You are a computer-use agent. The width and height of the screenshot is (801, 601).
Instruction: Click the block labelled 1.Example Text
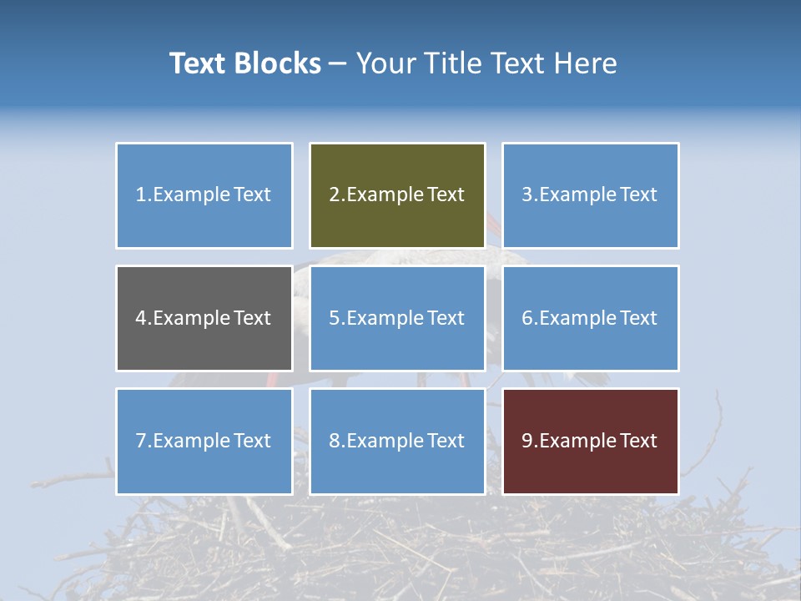coord(204,195)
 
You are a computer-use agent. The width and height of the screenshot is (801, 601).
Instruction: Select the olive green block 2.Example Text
coord(397,195)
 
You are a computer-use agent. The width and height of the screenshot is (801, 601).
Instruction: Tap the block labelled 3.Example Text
coord(590,195)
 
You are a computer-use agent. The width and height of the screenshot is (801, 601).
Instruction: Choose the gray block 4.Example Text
coord(204,318)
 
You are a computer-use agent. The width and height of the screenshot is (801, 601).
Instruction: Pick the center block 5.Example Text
coord(397,318)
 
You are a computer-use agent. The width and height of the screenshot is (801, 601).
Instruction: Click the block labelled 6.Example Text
coord(590,318)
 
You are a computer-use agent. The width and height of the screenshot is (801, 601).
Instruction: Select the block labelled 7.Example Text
coord(204,441)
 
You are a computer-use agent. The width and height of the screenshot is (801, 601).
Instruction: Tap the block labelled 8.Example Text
coord(397,441)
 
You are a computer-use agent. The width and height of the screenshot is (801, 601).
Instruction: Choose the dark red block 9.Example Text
coord(590,441)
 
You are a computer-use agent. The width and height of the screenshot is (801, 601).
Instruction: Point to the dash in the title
coord(339,63)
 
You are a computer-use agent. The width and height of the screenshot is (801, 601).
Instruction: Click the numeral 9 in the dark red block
coord(527,441)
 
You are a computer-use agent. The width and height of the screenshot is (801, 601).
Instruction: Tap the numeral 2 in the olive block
coord(335,195)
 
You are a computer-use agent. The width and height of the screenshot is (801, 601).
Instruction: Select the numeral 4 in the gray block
coord(141,318)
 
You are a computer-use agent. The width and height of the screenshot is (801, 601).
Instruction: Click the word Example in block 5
coord(385,318)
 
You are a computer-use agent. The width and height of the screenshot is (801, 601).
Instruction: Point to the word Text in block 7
coord(252,441)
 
